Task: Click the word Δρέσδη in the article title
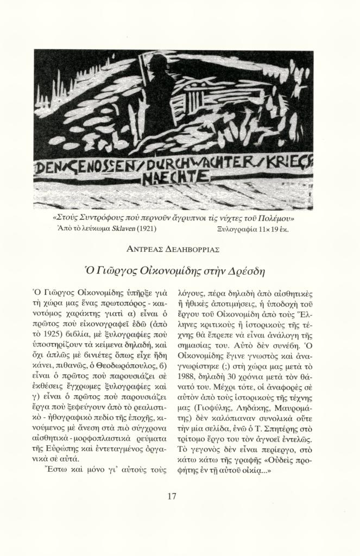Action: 252,270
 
